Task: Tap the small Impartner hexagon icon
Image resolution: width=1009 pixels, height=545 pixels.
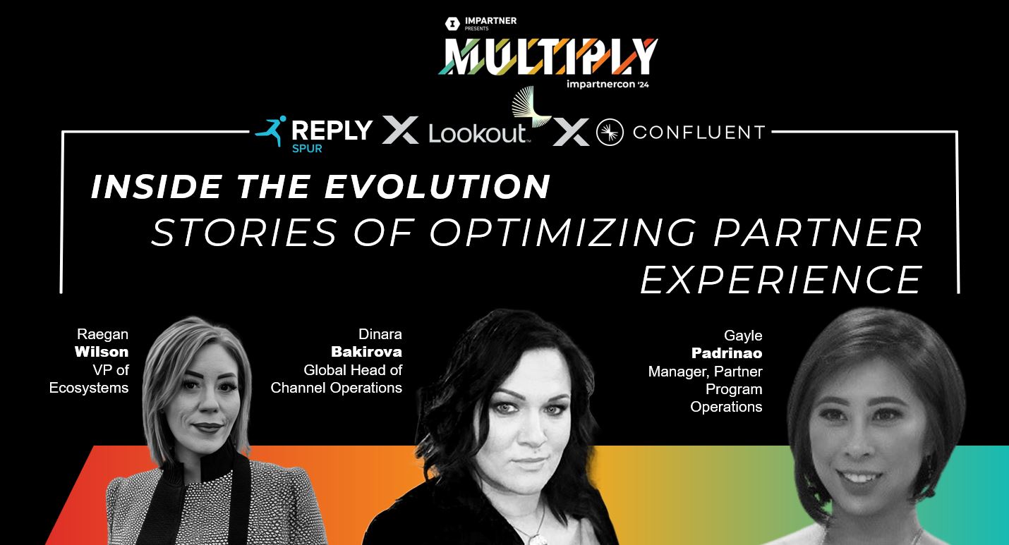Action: click(x=452, y=24)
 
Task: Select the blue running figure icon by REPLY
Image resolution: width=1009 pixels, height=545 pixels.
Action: click(x=270, y=131)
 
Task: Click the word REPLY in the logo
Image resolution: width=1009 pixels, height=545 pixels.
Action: click(x=332, y=130)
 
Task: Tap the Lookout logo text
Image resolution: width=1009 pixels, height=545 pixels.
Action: click(x=477, y=133)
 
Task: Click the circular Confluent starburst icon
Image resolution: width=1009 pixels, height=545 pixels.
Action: click(x=609, y=133)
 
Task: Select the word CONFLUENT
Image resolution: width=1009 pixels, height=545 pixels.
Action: click(x=699, y=132)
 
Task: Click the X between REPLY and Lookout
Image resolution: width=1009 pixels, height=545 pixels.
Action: click(x=400, y=130)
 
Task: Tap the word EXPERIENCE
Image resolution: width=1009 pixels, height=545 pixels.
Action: click(x=781, y=279)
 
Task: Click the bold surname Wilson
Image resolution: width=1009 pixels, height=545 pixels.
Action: click(x=102, y=351)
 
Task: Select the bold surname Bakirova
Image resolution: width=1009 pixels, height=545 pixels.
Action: click(x=367, y=351)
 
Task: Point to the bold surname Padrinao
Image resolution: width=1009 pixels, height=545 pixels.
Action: click(x=727, y=353)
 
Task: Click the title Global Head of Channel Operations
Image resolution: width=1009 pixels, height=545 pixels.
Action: click(x=337, y=379)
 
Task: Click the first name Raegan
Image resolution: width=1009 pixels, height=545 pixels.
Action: click(x=103, y=333)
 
